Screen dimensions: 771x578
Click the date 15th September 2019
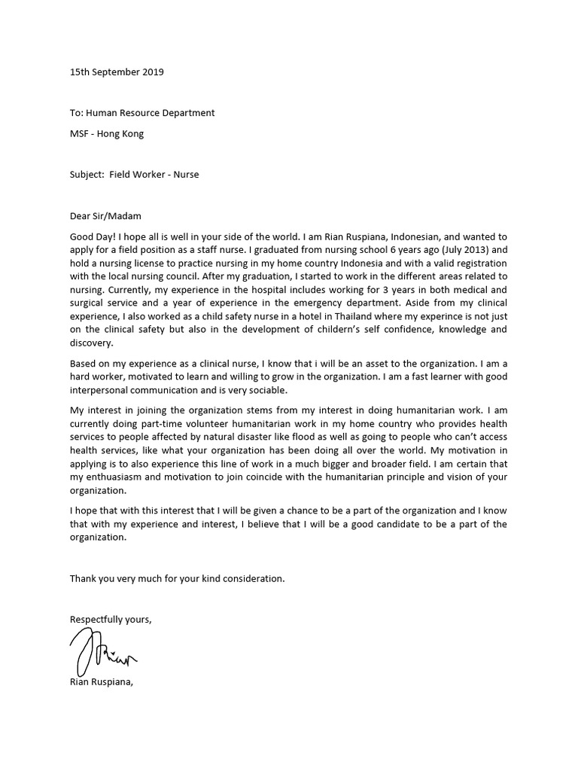(x=117, y=72)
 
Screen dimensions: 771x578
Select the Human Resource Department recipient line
(x=142, y=112)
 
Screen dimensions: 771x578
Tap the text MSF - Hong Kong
(x=106, y=134)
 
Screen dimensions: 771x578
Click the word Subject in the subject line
(x=87, y=174)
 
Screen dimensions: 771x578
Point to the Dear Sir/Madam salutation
(x=105, y=215)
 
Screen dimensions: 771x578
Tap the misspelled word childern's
(x=312, y=329)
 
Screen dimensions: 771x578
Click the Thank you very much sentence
(x=178, y=578)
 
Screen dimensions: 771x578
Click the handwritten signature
(x=102, y=652)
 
